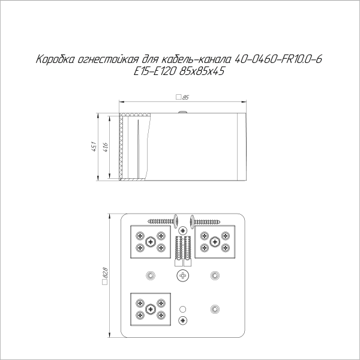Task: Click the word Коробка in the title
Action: click(55, 59)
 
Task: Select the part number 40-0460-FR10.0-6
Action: click(278, 59)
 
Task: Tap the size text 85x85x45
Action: click(202, 71)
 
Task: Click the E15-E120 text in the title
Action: click(155, 71)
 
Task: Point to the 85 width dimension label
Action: click(185, 97)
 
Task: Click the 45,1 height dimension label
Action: click(94, 147)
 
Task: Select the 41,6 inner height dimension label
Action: click(106, 148)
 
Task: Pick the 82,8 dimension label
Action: click(106, 273)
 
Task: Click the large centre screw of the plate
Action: click(183, 275)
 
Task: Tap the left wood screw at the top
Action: click(163, 221)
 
